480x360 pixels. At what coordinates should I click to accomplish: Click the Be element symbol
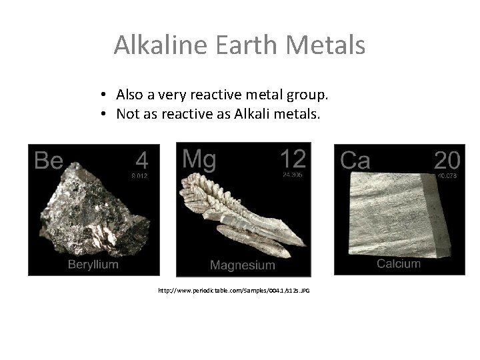coord(48,161)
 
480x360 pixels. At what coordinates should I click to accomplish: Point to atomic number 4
coord(141,160)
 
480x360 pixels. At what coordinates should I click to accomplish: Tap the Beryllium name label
coord(93,265)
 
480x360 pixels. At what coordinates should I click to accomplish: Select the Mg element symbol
coord(198,159)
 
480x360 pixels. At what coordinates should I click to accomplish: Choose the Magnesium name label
coord(242,265)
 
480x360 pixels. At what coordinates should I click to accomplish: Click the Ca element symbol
coord(355,161)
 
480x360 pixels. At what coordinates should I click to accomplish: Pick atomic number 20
coord(446,160)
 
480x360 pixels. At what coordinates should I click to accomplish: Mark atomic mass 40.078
coord(447,177)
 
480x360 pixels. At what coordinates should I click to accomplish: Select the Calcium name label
coord(399,263)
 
